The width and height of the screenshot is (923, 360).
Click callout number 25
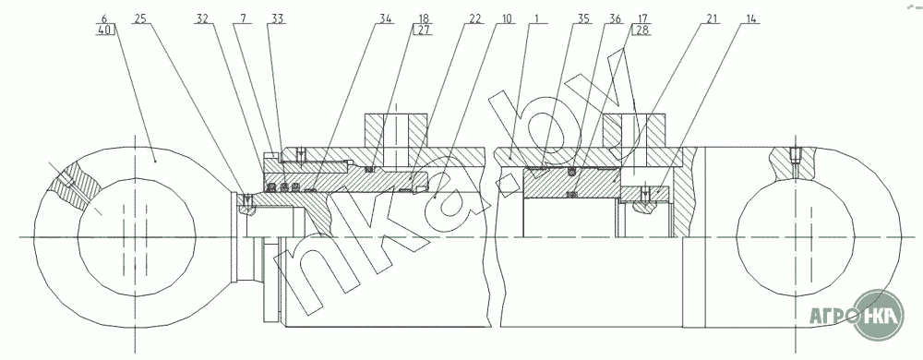point(139,18)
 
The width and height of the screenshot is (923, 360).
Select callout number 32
point(202,18)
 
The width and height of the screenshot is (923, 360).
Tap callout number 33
point(277,18)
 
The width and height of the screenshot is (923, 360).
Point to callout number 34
point(386,18)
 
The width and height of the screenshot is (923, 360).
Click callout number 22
point(475,18)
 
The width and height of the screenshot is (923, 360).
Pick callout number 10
point(506,18)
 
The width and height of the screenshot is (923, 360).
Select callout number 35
point(583,18)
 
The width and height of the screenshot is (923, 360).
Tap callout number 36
point(615,18)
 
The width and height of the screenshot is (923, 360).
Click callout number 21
point(713,18)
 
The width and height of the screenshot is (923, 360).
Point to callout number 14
point(750,18)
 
